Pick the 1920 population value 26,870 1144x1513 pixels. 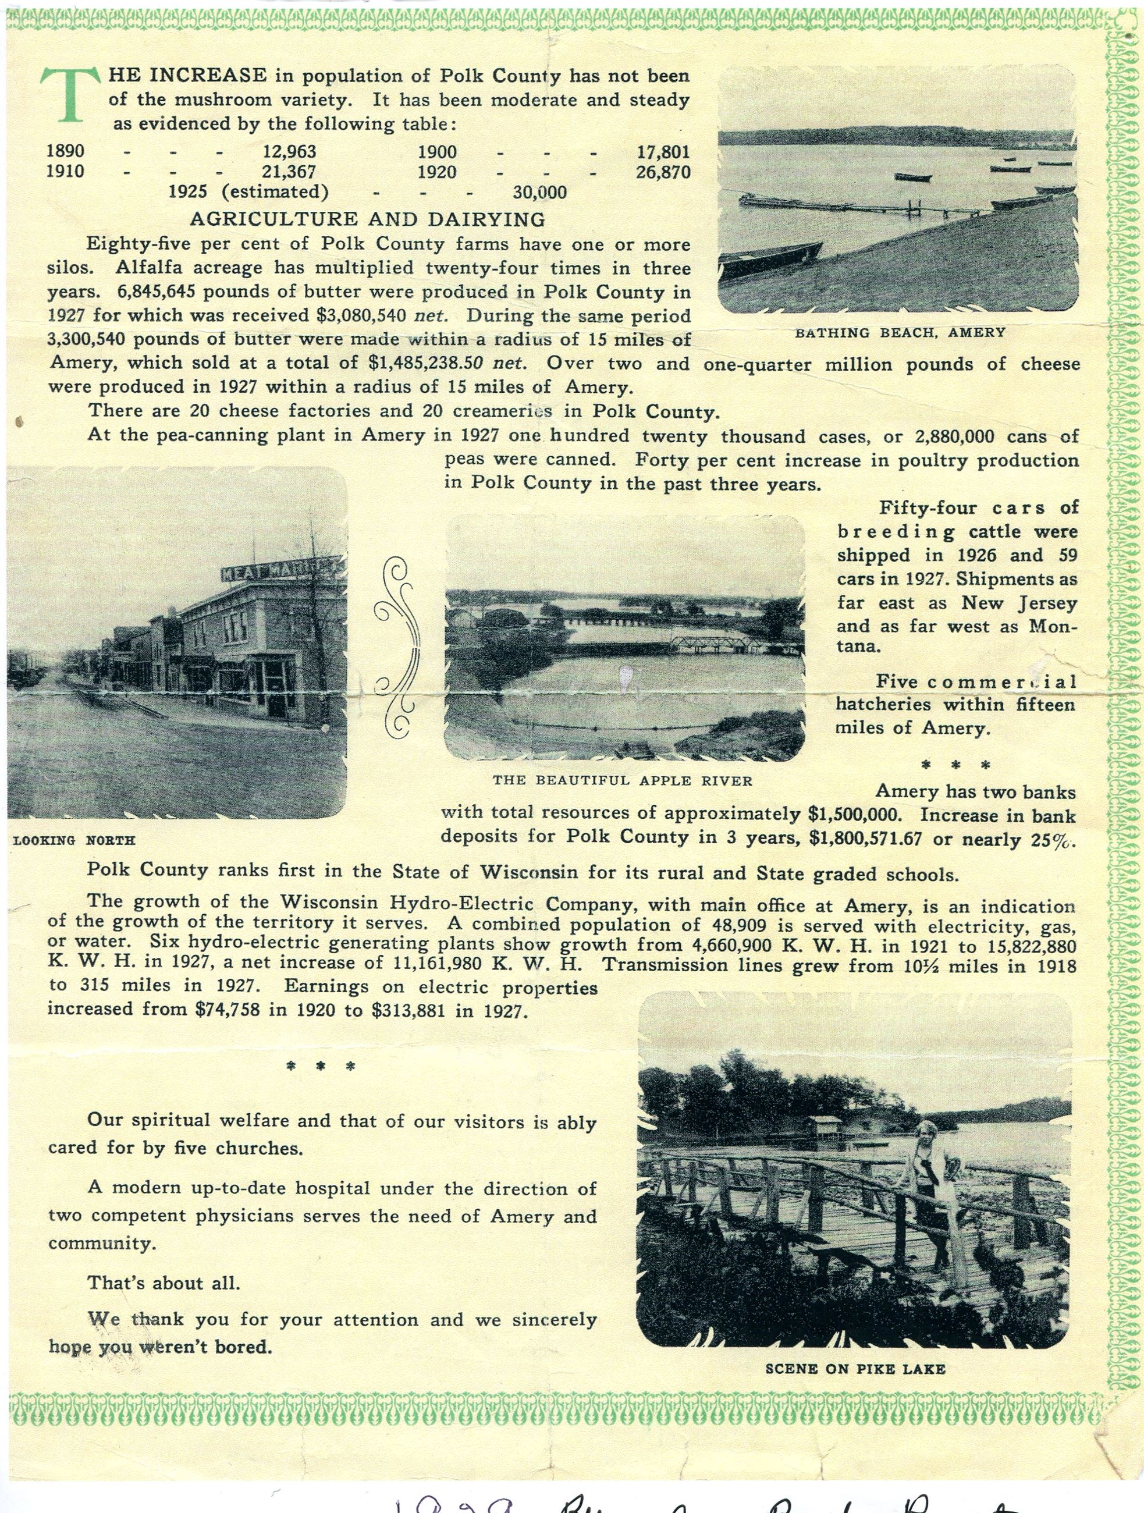(662, 171)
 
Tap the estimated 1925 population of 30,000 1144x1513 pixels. (539, 192)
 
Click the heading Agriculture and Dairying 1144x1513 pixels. (367, 219)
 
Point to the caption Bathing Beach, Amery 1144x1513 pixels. (900, 332)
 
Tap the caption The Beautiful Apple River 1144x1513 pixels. (622, 780)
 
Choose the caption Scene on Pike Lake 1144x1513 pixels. (855, 1369)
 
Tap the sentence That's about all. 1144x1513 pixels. (164, 1283)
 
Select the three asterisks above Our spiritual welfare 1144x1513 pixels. (320, 1066)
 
